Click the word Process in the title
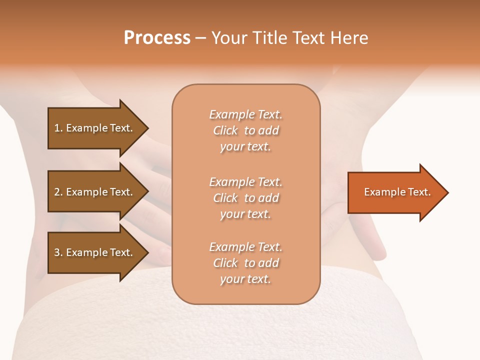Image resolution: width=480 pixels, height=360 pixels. click(x=157, y=38)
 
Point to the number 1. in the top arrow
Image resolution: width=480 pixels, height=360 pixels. click(x=58, y=128)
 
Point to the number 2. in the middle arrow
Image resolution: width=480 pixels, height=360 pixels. click(x=58, y=192)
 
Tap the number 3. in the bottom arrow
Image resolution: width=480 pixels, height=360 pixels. click(x=58, y=252)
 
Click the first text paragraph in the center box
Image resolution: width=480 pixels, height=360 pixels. click(x=245, y=130)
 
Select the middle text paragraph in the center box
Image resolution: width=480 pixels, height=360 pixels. click(x=245, y=198)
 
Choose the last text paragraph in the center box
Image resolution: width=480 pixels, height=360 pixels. click(x=245, y=263)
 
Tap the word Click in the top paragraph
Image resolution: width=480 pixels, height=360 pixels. click(x=225, y=130)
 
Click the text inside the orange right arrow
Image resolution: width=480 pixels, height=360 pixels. click(x=397, y=192)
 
